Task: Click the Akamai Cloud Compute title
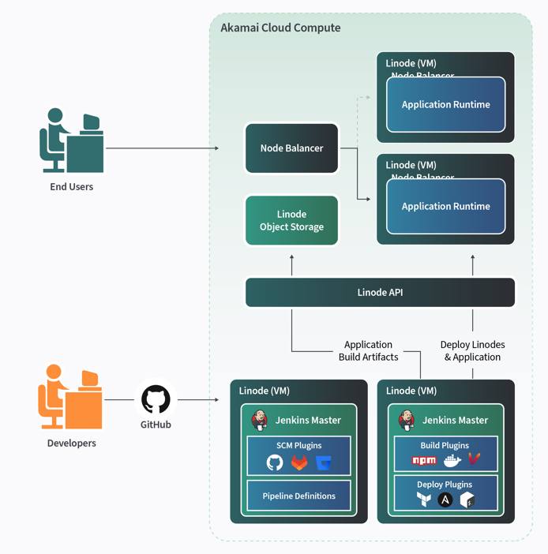(x=280, y=28)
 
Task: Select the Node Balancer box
(x=291, y=148)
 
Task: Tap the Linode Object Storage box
(x=291, y=220)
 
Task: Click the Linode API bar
(x=380, y=292)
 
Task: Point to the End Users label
(x=71, y=187)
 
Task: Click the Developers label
(x=71, y=444)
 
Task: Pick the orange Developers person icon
(x=70, y=397)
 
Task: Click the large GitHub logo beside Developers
(x=156, y=399)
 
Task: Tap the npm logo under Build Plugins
(x=424, y=460)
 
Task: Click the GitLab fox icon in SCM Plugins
(x=299, y=463)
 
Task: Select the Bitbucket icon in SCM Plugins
(x=325, y=463)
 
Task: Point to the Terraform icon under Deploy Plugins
(x=424, y=500)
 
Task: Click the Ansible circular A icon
(x=445, y=500)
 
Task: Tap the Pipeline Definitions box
(x=298, y=496)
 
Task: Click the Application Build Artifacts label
(x=368, y=351)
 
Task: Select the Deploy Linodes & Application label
(x=472, y=351)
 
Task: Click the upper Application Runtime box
(x=445, y=105)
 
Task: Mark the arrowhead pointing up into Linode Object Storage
(x=291, y=257)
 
